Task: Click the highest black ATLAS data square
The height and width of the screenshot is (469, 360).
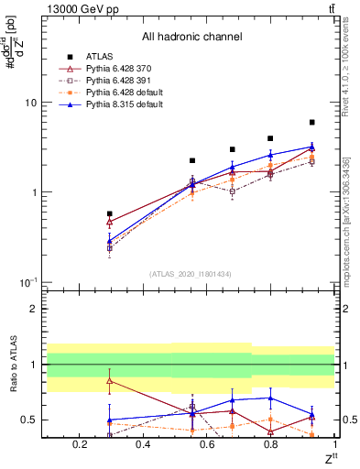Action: (x=312, y=122)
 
